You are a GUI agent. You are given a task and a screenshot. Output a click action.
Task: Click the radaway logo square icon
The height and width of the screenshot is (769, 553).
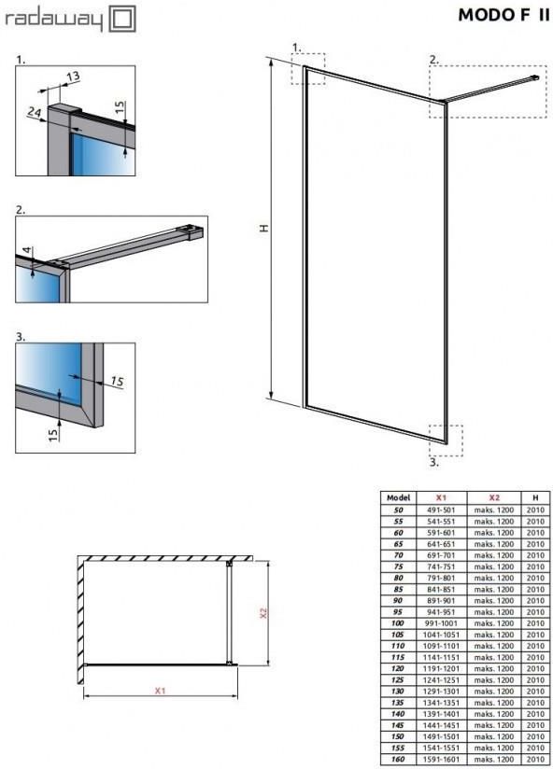coord(121,19)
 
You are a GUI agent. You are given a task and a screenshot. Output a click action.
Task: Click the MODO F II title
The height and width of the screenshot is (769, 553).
coord(503,15)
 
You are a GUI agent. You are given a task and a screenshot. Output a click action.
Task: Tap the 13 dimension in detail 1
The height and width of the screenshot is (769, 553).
coord(72,77)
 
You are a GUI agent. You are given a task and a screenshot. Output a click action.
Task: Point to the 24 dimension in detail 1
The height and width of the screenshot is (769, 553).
coord(34,112)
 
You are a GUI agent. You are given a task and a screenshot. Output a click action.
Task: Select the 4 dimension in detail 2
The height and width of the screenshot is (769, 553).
coord(27,251)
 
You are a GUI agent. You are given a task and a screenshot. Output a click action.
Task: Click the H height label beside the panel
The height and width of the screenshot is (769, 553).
coord(264,228)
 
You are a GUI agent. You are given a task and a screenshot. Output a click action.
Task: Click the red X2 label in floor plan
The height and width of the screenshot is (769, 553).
coord(263,613)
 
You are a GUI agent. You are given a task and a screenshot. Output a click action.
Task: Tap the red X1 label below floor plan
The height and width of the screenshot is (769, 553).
coord(160,691)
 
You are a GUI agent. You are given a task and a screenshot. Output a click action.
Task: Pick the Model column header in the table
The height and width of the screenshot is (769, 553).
coord(398,497)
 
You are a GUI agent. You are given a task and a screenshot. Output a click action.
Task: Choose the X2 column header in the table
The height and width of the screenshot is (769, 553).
coord(493,497)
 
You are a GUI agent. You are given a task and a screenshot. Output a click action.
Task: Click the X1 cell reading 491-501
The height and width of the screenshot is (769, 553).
coord(441,510)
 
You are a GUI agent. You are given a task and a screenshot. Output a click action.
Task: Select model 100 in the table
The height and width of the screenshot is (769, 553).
coord(398,623)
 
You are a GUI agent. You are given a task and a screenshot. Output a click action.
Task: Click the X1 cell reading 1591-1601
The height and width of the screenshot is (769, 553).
coord(441,759)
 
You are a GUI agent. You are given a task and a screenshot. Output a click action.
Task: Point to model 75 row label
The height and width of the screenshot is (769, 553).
coord(398,566)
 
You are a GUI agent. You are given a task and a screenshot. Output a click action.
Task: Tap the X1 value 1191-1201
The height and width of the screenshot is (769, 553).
coord(441,668)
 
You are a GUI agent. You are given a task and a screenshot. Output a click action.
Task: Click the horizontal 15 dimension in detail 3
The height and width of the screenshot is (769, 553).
coord(117,381)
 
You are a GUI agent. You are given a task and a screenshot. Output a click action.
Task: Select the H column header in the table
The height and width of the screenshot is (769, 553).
coord(535,497)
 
